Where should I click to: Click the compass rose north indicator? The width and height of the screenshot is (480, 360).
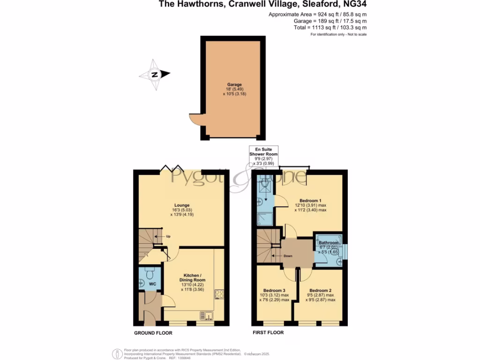pyautogui.click(x=154, y=75)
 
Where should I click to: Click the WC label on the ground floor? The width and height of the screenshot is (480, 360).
pyautogui.click(x=152, y=284)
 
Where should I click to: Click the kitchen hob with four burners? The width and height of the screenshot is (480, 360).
pyautogui.click(x=219, y=294)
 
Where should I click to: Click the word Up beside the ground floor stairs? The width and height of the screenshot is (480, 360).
pyautogui.click(x=168, y=236)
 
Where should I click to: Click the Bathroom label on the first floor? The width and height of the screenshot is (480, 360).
pyautogui.click(x=329, y=243)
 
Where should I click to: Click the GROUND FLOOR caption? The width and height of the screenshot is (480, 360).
pyautogui.click(x=153, y=333)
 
